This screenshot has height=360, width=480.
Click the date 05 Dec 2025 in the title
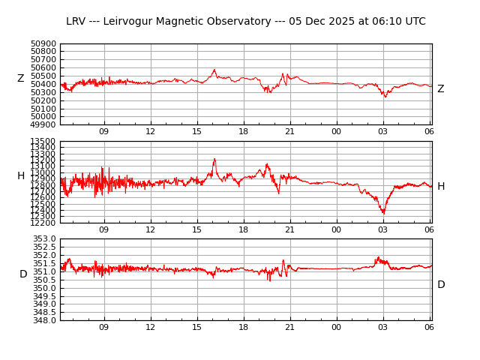pyautogui.click(x=328, y=22)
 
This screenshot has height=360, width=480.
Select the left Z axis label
pyautogui.click(x=21, y=79)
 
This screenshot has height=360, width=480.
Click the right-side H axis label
pyautogui.click(x=441, y=187)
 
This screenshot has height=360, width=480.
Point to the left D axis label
pyautogui.click(x=23, y=274)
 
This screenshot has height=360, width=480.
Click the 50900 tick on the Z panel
pyautogui.click(x=43, y=43)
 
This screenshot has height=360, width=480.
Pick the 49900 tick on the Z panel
pyautogui.click(x=43, y=124)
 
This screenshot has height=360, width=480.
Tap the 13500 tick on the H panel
pyautogui.click(x=43, y=141)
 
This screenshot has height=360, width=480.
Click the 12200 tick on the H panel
pyautogui.click(x=43, y=223)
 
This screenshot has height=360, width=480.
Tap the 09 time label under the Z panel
pyautogui.click(x=104, y=132)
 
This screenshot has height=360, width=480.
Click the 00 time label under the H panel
pyautogui.click(x=337, y=229)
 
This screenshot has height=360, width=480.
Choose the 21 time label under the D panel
pyautogui.click(x=290, y=327)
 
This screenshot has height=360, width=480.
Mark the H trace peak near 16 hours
pyautogui.click(x=214, y=159)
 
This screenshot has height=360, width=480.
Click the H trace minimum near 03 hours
pyautogui.click(x=383, y=214)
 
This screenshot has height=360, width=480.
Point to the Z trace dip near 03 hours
pyautogui.click(x=385, y=97)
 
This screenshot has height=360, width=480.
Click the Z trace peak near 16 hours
pyautogui.click(x=214, y=70)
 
